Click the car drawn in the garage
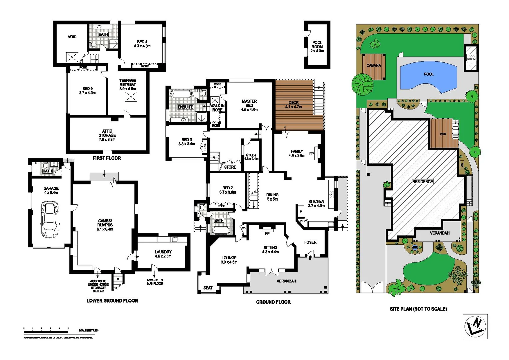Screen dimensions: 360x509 [50, 219]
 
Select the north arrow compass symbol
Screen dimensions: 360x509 [475, 327]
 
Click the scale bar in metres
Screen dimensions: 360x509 [46, 330]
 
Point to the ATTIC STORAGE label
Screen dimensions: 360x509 [107, 135]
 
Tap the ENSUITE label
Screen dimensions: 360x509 [185, 107]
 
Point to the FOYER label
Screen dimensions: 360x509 [310, 242]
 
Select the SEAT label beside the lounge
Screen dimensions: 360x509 [208, 288]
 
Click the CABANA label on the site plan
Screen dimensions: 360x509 [373, 65]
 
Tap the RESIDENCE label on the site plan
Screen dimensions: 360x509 [422, 182]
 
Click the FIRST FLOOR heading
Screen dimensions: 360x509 [107, 158]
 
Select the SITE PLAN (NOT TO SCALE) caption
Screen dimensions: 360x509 [418, 309]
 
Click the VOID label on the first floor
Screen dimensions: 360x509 [72, 37]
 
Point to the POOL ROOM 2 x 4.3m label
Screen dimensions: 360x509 [317, 47]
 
